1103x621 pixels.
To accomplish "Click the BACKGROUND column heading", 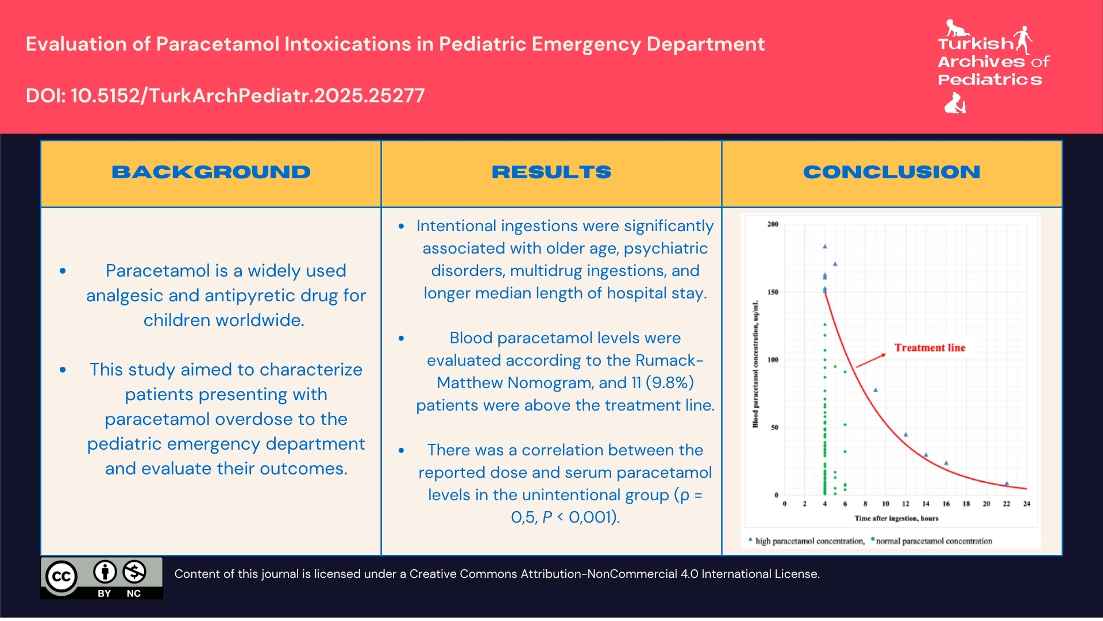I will point(211,172).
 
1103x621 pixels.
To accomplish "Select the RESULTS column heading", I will point(551,172).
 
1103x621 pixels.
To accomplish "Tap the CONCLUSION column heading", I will point(891,172).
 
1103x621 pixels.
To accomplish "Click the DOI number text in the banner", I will point(225,95).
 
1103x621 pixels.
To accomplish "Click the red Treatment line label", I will point(930,348).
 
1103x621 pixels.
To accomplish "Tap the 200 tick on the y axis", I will point(773,224).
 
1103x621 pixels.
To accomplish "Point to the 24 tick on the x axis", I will point(1027,504).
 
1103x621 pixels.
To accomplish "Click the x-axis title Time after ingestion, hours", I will point(896,518).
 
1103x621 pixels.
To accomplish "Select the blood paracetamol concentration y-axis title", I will point(755,364).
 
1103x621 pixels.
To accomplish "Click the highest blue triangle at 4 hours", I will point(825,247).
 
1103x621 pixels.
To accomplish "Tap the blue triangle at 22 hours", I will point(1006,484).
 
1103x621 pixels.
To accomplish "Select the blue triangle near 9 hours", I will point(876,390).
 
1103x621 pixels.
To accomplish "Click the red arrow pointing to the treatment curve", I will point(871,361).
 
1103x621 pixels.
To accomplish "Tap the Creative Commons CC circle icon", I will point(61,576).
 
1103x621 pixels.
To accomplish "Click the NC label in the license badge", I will point(133,593).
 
